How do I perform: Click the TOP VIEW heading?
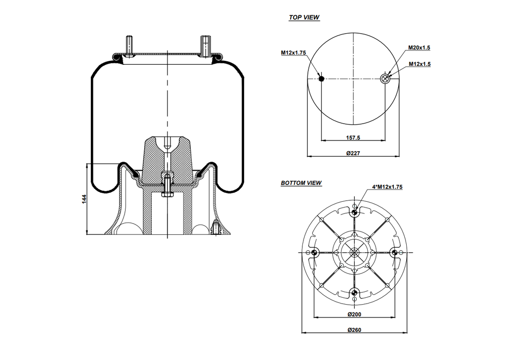(x=304, y=17)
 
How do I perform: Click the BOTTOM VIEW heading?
(x=301, y=183)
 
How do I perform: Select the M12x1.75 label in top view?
(x=294, y=52)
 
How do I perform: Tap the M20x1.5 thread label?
(x=419, y=47)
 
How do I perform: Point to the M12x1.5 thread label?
(x=420, y=64)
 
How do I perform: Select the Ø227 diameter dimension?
(x=353, y=153)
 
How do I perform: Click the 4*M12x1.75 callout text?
(x=387, y=187)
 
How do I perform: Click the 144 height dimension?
(x=84, y=199)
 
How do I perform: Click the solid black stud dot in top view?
(x=321, y=78)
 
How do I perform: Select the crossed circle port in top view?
(x=386, y=78)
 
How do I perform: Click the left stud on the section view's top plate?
(x=129, y=47)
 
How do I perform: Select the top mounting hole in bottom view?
(x=354, y=213)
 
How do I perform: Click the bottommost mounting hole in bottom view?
(x=354, y=292)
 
